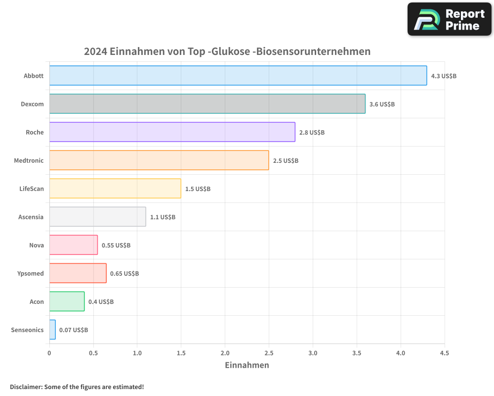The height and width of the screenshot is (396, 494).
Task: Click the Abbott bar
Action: [238, 76]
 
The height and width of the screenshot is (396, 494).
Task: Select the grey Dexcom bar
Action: [207, 104]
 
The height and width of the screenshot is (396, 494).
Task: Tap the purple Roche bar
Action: [172, 132]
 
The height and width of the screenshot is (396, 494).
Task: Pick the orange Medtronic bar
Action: [159, 160]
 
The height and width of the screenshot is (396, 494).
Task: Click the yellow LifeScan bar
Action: [115, 189]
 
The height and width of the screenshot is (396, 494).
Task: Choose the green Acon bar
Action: [67, 301]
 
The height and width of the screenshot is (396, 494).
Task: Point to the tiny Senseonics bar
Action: [52, 330]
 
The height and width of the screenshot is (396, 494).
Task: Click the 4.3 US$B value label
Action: [444, 76]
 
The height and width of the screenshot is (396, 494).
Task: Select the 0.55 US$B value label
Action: [116, 246]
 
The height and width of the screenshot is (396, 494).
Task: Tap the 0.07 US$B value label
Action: [74, 330]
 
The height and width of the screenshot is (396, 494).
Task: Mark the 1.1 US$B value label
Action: [163, 217]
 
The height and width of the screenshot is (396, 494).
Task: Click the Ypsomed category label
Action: [31, 274]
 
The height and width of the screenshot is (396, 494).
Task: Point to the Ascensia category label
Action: [31, 217]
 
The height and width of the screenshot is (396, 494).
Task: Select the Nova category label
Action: [37, 246]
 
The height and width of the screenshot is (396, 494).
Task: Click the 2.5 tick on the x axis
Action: [269, 353]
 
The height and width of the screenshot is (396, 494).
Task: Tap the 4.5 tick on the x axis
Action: [444, 353]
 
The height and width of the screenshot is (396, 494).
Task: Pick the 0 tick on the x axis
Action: [49, 353]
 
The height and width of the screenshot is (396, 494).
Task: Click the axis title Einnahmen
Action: [247, 365]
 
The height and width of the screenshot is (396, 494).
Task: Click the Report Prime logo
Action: [449, 19]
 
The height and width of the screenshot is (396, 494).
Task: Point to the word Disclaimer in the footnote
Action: [26, 387]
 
